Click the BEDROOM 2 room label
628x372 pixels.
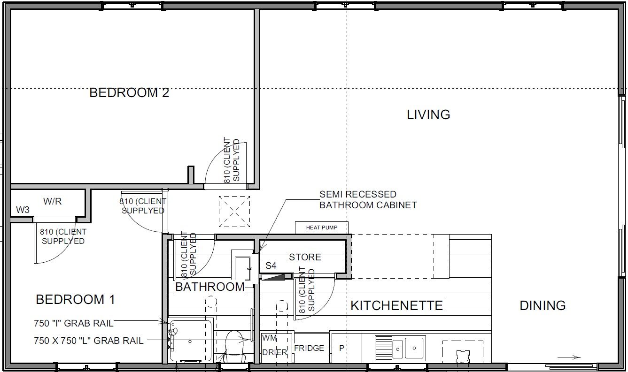(x=129, y=93)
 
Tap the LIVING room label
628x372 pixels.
(x=428, y=115)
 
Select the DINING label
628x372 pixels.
(x=543, y=305)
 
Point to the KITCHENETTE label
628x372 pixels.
(x=397, y=305)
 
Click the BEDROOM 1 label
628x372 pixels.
(x=76, y=299)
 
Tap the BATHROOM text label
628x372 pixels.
(x=210, y=287)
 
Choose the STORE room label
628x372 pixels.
(x=305, y=257)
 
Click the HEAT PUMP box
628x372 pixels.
(x=322, y=228)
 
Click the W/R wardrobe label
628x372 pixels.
(x=53, y=201)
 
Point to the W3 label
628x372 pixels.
(x=23, y=210)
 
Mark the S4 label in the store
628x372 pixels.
(x=271, y=266)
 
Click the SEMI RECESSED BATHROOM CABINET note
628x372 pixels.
(x=368, y=199)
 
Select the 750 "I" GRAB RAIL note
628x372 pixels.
(x=74, y=323)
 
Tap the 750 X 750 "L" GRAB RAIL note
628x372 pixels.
(x=89, y=341)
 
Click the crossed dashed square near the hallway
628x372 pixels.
(x=234, y=212)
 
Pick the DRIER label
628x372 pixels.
(x=274, y=352)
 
